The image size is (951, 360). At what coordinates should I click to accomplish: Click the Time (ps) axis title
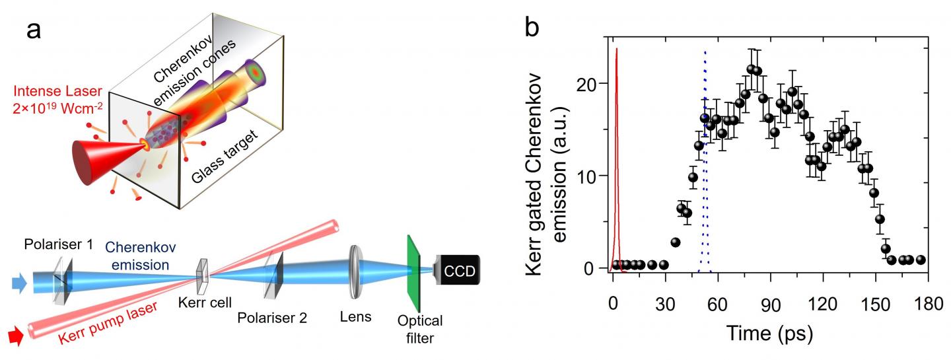769,331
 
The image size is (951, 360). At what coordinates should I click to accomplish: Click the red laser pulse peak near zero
616,50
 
